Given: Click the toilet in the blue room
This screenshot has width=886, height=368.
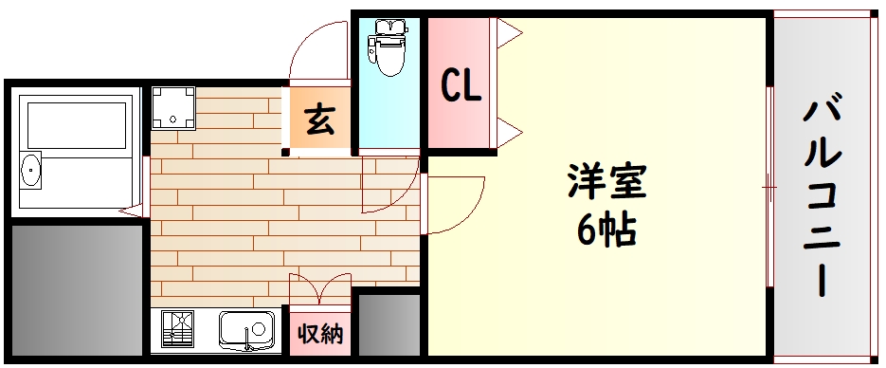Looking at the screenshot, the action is (x=387, y=47).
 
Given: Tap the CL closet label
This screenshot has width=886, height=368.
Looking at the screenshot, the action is (x=461, y=85).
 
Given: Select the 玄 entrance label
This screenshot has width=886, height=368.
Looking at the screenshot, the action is (x=320, y=120).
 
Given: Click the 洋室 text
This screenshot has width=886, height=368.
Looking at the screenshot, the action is (x=606, y=181).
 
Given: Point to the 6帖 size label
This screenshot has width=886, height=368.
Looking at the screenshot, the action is (x=606, y=230).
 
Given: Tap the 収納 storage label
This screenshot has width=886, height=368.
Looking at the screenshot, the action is (x=320, y=335).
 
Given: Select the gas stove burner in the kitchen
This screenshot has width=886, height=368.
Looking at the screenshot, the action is (x=177, y=329).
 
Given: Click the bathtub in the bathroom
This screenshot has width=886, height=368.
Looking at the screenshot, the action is (x=76, y=125).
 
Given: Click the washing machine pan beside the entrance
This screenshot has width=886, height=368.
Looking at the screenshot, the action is (x=172, y=108).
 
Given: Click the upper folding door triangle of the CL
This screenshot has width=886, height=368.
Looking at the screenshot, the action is (x=509, y=33).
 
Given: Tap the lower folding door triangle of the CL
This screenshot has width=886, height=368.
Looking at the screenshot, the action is (x=509, y=133).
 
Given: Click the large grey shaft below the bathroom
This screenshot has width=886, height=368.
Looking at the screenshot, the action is (x=77, y=290).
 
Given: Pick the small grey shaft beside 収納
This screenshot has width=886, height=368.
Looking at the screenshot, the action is (x=389, y=324).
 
